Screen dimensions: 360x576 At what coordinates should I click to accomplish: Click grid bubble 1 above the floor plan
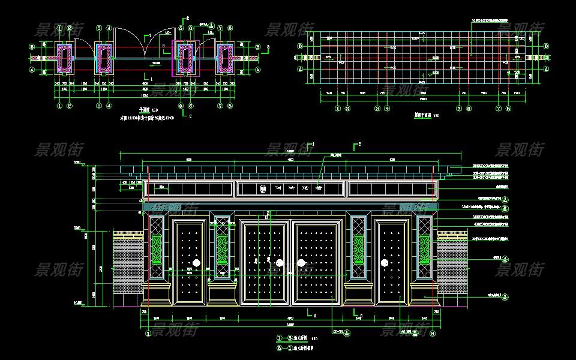[60, 28]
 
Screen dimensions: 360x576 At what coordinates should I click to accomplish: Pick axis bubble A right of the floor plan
[258, 70]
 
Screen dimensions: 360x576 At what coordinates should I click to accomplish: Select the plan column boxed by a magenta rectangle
[182, 58]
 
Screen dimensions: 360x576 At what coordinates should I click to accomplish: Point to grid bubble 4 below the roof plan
[387, 109]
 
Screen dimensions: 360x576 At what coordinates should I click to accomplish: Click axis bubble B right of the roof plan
[547, 46]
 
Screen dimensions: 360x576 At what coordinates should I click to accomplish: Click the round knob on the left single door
[196, 263]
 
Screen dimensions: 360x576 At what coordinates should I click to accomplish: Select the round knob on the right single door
[383, 263]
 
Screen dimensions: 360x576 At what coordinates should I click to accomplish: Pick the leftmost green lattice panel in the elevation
[157, 250]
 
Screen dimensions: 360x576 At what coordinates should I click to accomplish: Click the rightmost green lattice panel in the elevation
[425, 250]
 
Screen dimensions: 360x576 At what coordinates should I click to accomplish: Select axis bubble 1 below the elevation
[148, 334]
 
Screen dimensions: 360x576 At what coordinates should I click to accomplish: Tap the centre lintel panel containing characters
[290, 189]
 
